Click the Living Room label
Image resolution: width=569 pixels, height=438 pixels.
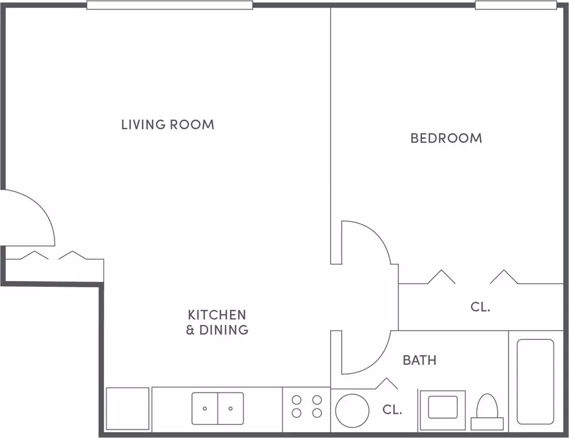click(x=168, y=124)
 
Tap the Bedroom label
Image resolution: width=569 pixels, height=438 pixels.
click(x=446, y=138)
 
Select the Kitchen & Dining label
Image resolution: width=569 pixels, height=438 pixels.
click(x=217, y=322)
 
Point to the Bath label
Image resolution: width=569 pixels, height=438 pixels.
click(x=420, y=360)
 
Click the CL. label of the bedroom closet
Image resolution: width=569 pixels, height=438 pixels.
click(x=481, y=307)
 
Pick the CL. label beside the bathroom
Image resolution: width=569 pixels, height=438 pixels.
click(x=392, y=410)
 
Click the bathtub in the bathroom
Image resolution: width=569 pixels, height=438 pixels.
click(x=535, y=382)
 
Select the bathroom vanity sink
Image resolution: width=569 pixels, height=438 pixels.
click(x=443, y=407)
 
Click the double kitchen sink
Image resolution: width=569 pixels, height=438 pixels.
click(x=218, y=408)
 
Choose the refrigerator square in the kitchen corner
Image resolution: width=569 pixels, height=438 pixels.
click(x=127, y=408)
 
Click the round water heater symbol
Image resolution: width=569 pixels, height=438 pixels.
click(x=352, y=411)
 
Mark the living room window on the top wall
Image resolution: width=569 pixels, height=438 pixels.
click(x=170, y=5)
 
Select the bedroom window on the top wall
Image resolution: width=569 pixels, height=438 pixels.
click(x=516, y=5)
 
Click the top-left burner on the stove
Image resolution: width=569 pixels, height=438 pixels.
click(x=296, y=400)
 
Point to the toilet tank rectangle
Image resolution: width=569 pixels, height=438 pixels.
click(x=487, y=424)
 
